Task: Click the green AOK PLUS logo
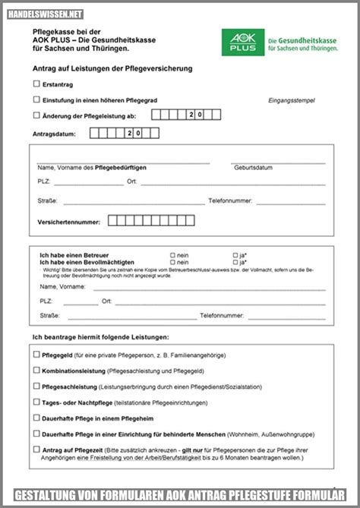click(x=243, y=42)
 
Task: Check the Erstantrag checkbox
click(x=36, y=84)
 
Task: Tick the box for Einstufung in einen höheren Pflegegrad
click(x=36, y=99)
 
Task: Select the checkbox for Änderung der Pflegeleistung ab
click(x=36, y=115)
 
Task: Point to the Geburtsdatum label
click(x=253, y=168)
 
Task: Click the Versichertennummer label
click(x=68, y=222)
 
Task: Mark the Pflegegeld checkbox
click(x=36, y=354)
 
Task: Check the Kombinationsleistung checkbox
click(x=36, y=370)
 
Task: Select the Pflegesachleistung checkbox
click(x=36, y=386)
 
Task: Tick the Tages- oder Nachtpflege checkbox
click(x=36, y=402)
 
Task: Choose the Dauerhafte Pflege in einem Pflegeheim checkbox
click(x=36, y=418)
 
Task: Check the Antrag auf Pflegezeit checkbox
click(x=36, y=449)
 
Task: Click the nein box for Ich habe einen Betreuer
click(x=172, y=255)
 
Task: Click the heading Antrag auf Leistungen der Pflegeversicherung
click(x=112, y=68)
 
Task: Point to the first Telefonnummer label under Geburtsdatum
click(x=230, y=201)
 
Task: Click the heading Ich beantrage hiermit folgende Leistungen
click(x=100, y=336)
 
